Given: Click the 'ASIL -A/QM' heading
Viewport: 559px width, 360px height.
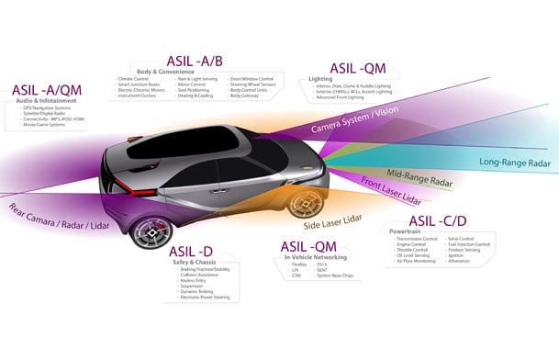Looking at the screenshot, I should click(x=46, y=90).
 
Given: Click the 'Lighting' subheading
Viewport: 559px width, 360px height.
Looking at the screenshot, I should click(x=321, y=79).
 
